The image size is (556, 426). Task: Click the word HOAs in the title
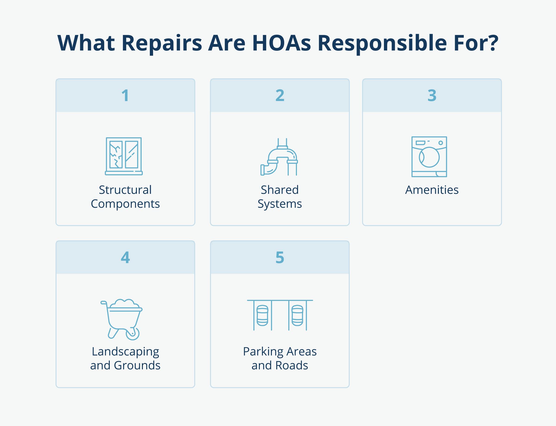(x=282, y=43)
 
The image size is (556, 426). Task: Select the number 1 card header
(x=126, y=95)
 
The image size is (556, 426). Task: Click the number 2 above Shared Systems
(x=280, y=95)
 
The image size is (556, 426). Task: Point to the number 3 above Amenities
(x=432, y=95)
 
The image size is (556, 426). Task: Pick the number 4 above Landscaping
(x=126, y=257)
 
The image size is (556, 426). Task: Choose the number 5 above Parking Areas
(x=280, y=257)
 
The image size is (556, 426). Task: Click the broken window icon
(x=124, y=156)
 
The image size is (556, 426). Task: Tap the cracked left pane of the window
(x=116, y=155)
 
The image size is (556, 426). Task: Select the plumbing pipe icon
(x=279, y=157)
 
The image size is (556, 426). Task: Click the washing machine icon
(x=429, y=157)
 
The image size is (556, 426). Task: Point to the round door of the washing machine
(x=429, y=157)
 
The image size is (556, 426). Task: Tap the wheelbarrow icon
(x=122, y=319)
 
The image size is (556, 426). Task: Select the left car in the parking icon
(x=262, y=316)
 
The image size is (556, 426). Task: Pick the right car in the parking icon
(x=297, y=316)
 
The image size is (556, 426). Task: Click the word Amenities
(x=432, y=190)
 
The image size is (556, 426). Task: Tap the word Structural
(x=126, y=190)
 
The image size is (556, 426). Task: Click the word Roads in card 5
(x=292, y=365)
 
